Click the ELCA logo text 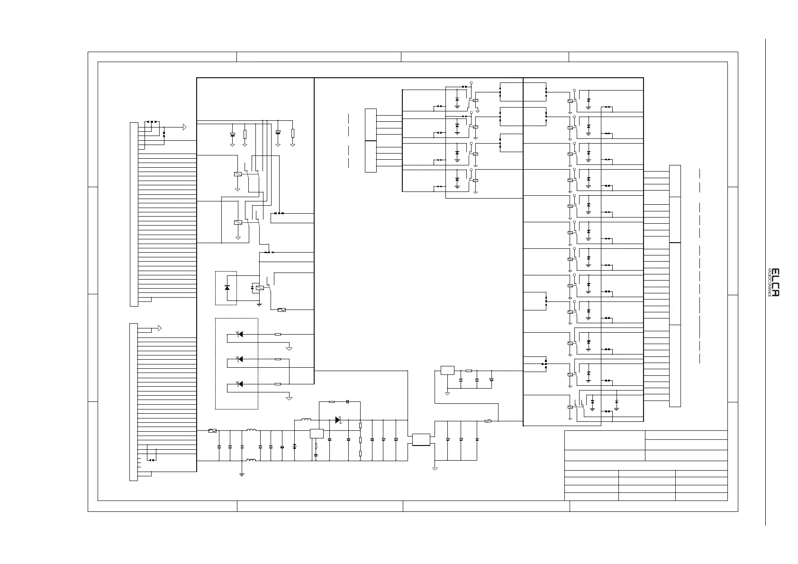(x=775, y=282)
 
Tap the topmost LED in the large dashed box (x=240, y=334)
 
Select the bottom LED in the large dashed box (x=240, y=384)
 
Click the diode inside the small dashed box (x=227, y=288)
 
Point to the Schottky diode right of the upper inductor (x=338, y=419)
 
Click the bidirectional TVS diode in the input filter (x=294, y=446)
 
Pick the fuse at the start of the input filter (x=213, y=431)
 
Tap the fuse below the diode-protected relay (x=281, y=310)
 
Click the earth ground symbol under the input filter (x=242, y=473)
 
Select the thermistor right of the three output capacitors (x=488, y=421)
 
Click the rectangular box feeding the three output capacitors (x=421, y=439)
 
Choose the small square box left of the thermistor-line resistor (x=447, y=370)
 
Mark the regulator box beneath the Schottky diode (x=317, y=433)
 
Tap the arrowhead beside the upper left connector (x=184, y=127)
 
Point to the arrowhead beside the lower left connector (x=160, y=328)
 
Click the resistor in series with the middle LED (x=278, y=359)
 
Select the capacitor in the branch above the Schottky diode (x=347, y=401)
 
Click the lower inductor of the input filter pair (x=251, y=460)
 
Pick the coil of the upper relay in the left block (x=238, y=174)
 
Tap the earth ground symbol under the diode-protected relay (x=259, y=304)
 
